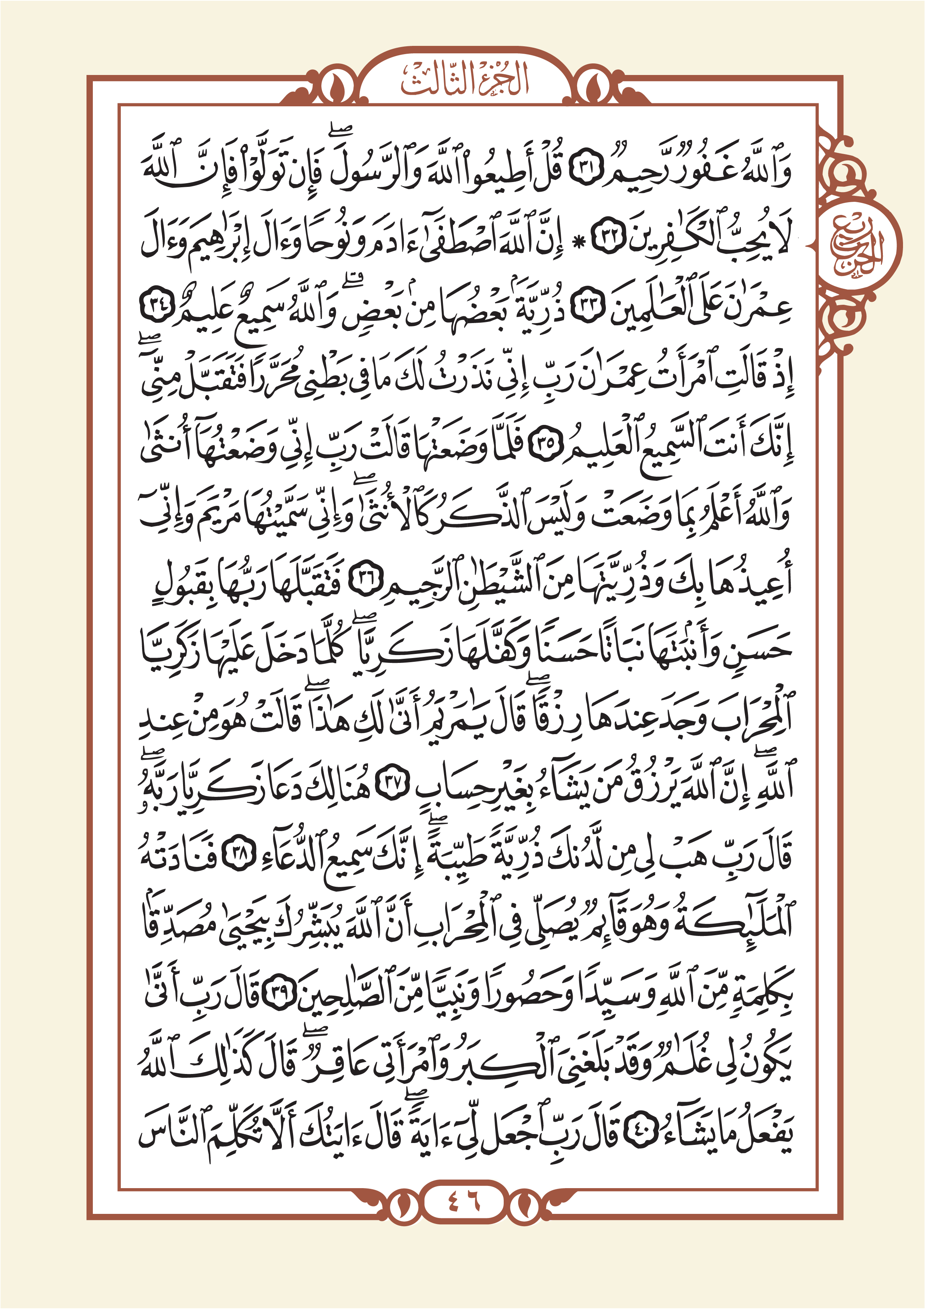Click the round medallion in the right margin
859,244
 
